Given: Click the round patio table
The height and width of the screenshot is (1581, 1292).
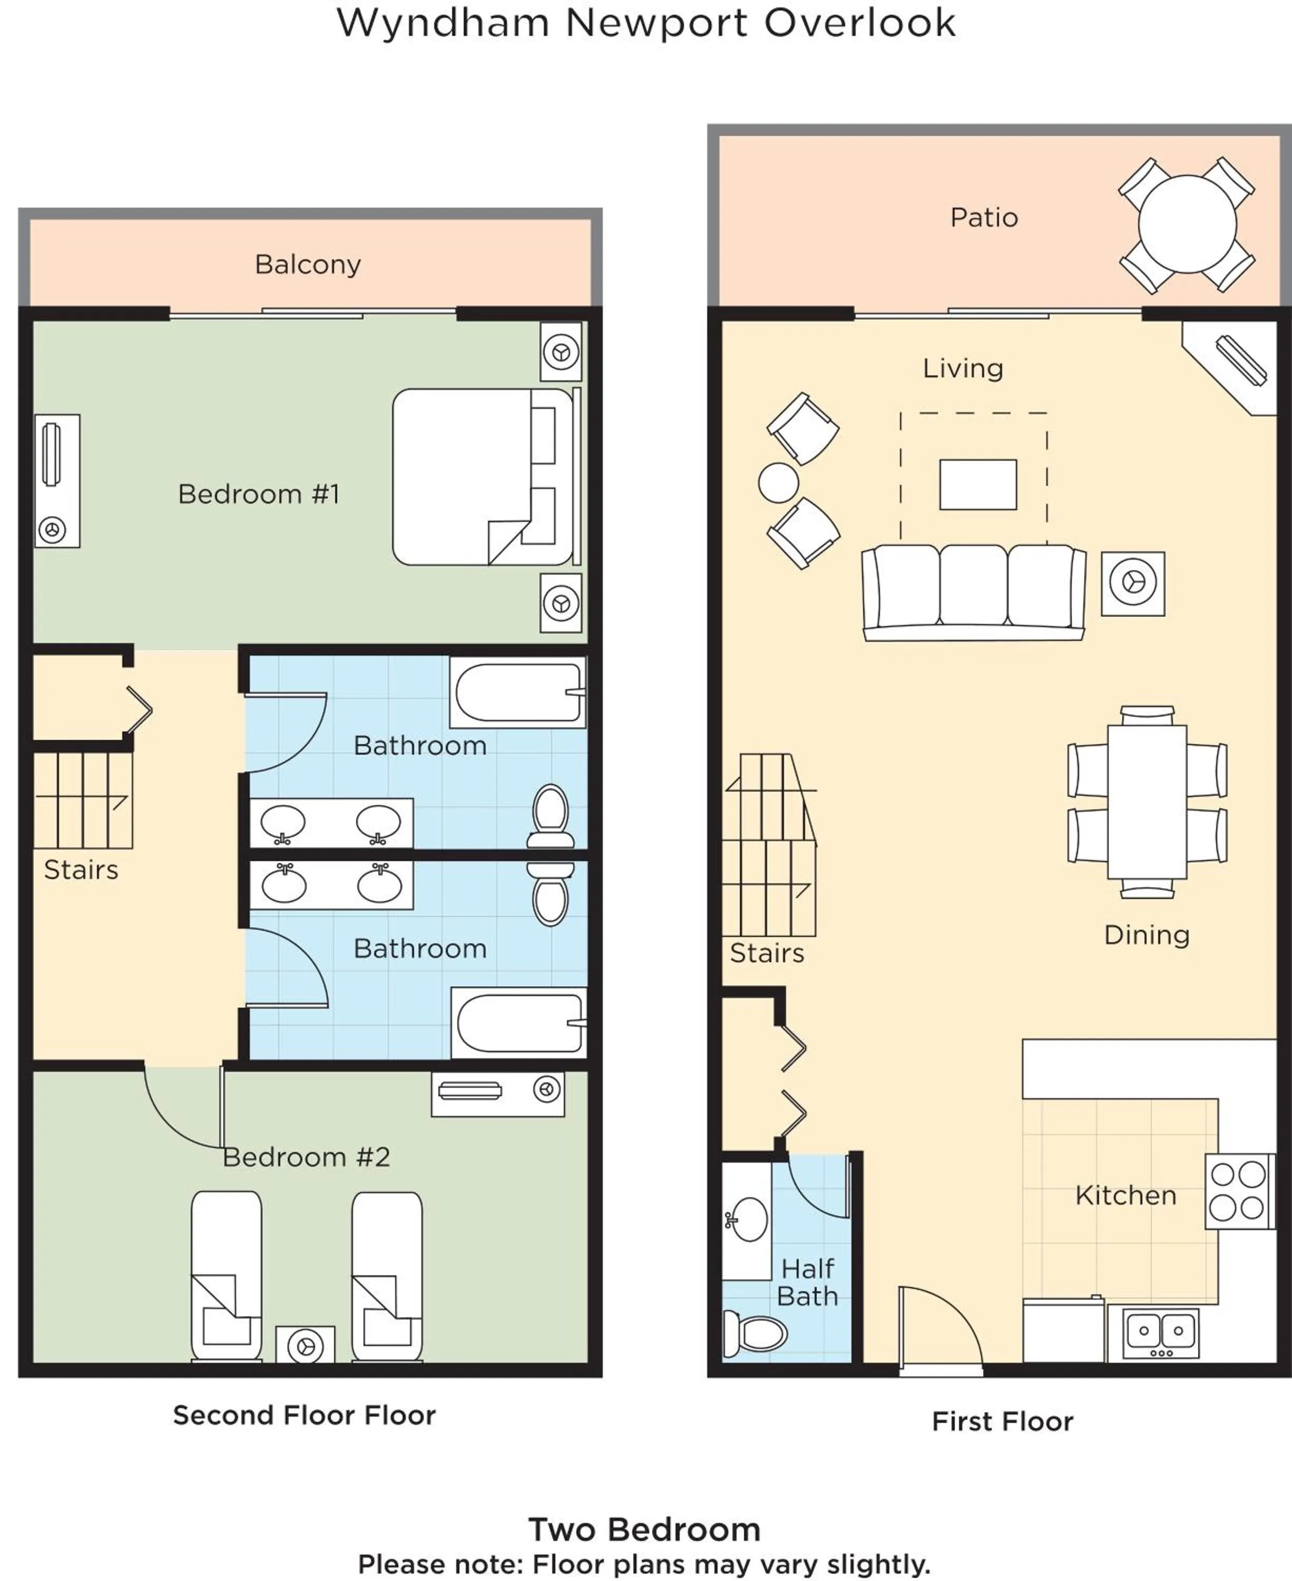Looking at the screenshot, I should click(1187, 223).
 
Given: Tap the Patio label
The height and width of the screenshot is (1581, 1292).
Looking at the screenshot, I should click(983, 217).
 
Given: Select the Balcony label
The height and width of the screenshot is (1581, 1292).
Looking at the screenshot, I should click(307, 264).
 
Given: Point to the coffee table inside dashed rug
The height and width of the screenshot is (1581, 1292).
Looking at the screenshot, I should click(977, 484).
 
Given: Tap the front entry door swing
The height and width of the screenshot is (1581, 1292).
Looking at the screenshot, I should click(939, 1329).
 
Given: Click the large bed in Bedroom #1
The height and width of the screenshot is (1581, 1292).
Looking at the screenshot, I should click(482, 476).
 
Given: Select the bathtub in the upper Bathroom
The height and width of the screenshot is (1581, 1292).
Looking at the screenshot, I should click(518, 692).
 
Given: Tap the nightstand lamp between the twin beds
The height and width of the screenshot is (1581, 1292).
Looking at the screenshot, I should click(305, 1346).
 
